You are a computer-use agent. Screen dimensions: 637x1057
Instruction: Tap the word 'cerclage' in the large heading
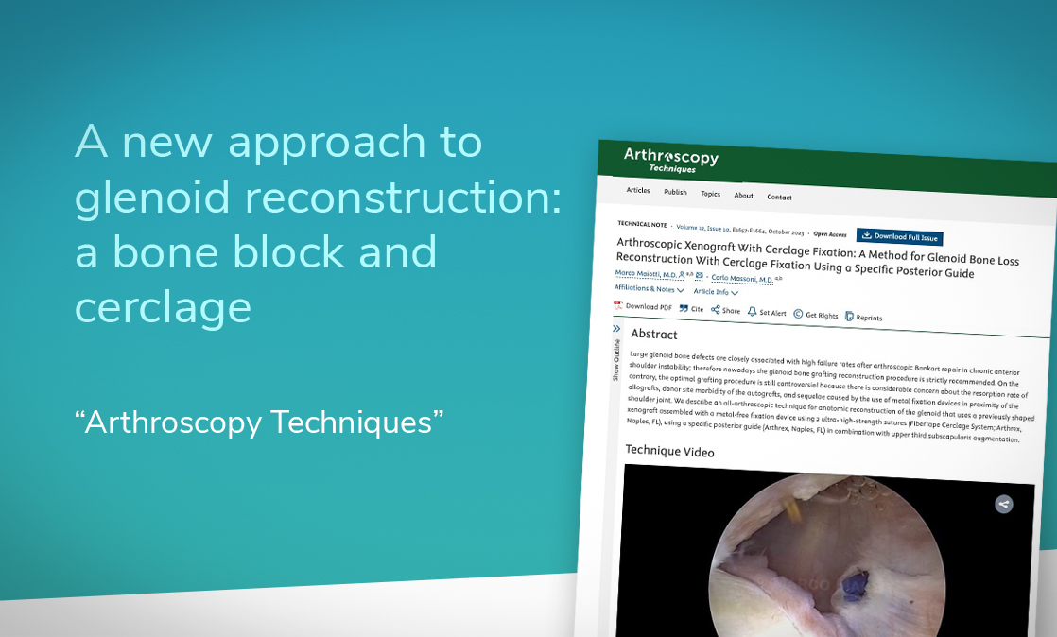click(163, 307)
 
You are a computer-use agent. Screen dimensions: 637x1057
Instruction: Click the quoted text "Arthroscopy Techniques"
click(259, 422)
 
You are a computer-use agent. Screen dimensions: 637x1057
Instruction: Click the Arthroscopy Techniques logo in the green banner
click(670, 160)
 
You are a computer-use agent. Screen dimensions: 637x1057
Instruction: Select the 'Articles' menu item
click(638, 190)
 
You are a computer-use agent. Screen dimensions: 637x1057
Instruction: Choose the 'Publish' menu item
click(675, 192)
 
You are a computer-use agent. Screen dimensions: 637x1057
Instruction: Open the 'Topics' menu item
click(710, 194)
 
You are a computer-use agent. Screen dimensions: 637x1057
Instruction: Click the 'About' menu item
click(744, 196)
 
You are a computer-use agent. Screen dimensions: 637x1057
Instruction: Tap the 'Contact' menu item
click(779, 198)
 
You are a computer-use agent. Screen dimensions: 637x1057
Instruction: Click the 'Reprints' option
click(863, 318)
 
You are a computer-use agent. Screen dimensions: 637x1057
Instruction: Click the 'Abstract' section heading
click(654, 335)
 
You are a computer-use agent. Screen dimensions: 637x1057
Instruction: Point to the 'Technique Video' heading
click(669, 451)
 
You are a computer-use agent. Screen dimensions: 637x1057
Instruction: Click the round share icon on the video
click(1004, 504)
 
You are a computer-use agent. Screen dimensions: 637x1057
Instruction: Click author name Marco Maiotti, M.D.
click(645, 274)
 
